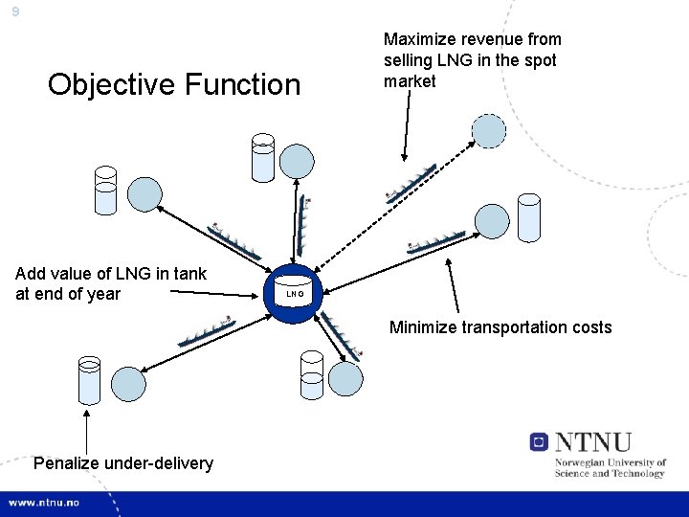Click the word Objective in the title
tap(105, 84)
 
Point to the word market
tap(410, 81)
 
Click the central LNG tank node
tap(295, 292)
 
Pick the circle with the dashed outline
tap(488, 131)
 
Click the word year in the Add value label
tap(101, 294)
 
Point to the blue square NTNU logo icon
tap(540, 442)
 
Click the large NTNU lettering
tap(593, 442)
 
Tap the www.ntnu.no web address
tap(46, 502)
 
